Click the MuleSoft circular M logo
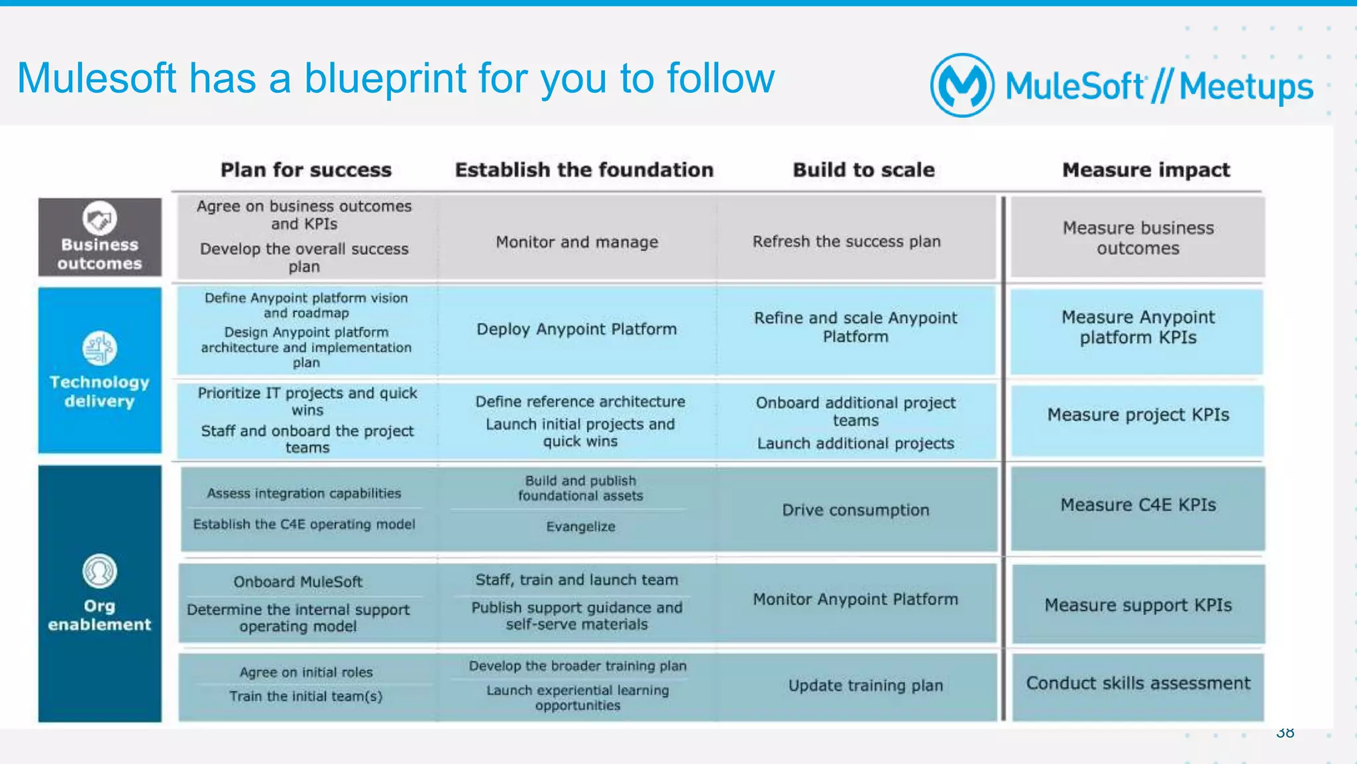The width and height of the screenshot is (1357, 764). click(962, 85)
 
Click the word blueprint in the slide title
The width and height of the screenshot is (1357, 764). click(385, 79)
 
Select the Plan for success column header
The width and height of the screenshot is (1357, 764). click(305, 170)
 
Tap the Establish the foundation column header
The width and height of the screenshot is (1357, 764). click(584, 170)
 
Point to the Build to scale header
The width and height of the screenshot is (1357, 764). click(863, 170)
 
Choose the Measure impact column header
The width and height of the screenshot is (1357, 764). click(1146, 170)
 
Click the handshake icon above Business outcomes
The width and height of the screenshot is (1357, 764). click(99, 219)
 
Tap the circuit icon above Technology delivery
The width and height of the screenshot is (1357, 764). click(99, 348)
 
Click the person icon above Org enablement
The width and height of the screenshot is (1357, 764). click(99, 571)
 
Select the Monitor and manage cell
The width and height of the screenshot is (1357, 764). click(576, 242)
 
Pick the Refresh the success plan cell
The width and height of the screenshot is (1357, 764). click(846, 241)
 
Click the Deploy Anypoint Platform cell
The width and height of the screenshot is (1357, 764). click(576, 329)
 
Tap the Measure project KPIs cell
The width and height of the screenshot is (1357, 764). click(1138, 415)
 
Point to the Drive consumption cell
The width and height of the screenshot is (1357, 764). click(855, 510)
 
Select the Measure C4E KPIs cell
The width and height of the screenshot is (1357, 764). click(1138, 505)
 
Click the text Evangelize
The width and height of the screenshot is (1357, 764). click(580, 527)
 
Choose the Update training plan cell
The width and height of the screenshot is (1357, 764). click(865, 685)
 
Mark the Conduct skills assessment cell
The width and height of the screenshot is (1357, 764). click(1138, 683)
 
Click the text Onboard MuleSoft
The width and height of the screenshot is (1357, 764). click(298, 582)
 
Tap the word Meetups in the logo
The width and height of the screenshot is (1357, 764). click(1246, 87)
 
